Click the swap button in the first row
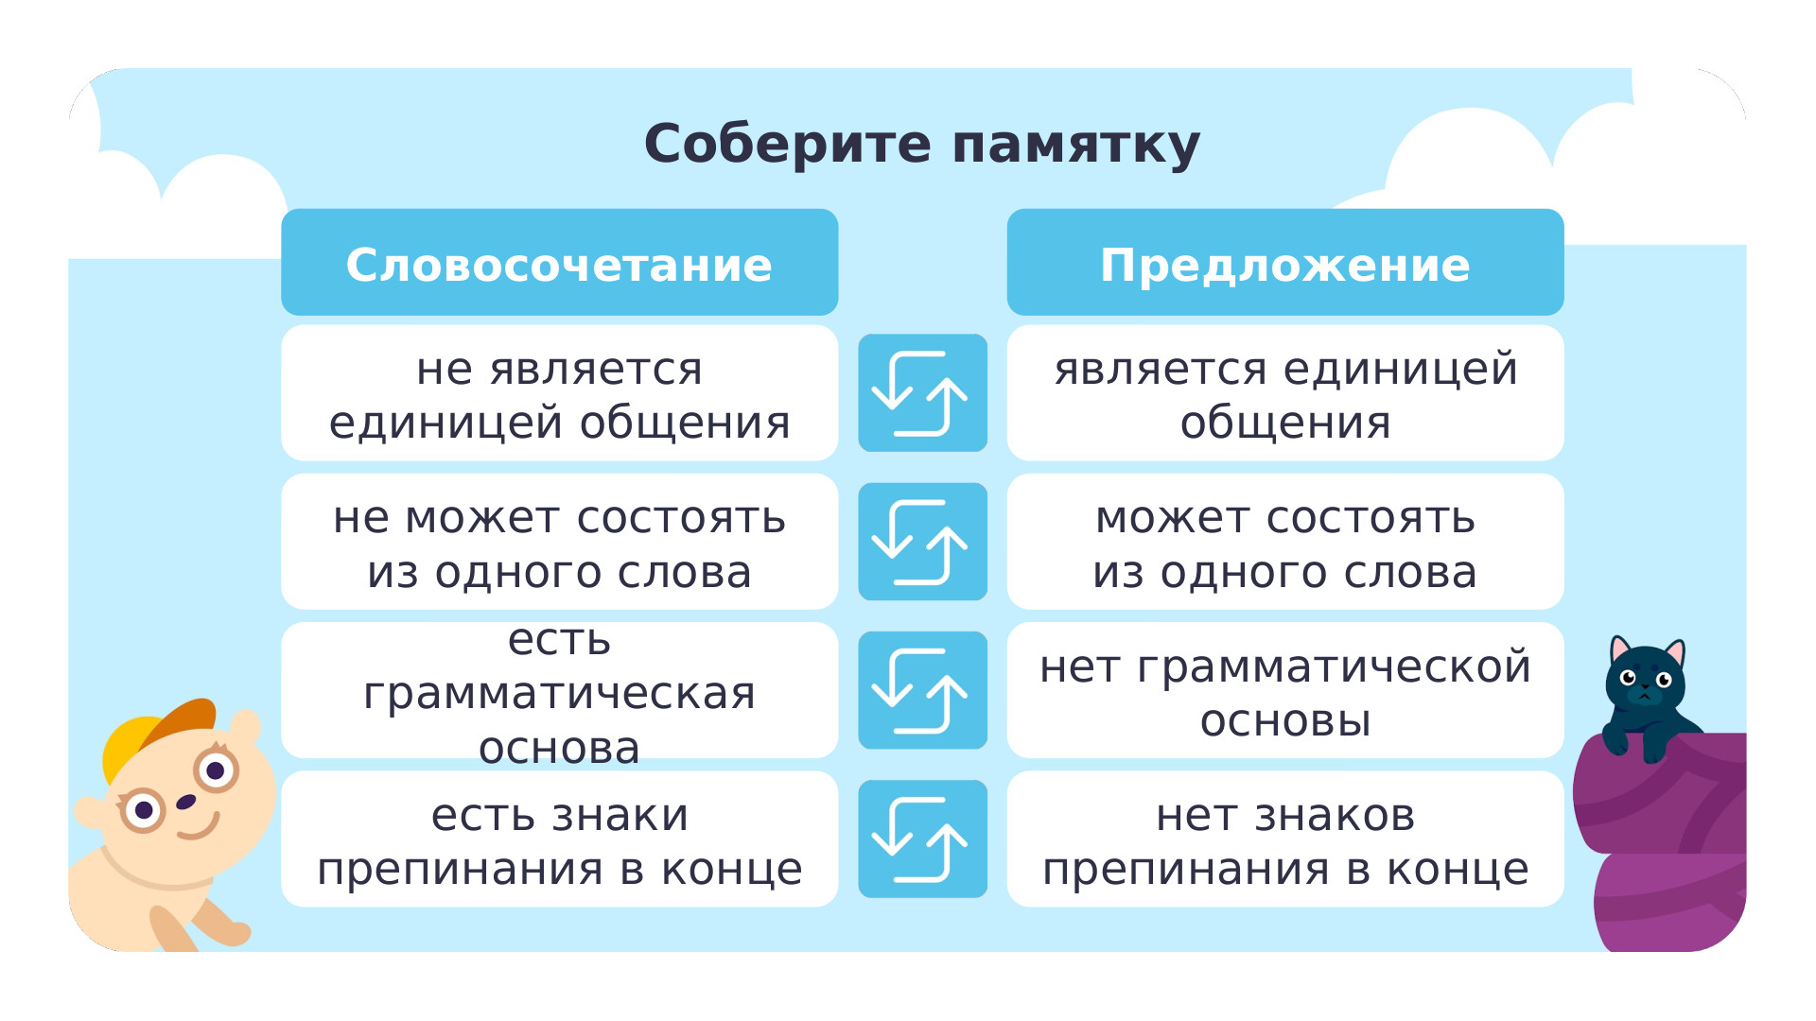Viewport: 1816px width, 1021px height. tap(922, 392)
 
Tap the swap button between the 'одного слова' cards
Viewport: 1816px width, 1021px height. tap(922, 542)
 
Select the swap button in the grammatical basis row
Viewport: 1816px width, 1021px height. tap(922, 690)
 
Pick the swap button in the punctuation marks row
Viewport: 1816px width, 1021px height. tap(922, 839)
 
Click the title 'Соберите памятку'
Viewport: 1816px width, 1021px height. tap(922, 145)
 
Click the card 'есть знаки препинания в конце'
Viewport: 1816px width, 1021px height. tap(559, 839)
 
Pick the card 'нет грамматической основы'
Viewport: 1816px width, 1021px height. tap(1285, 690)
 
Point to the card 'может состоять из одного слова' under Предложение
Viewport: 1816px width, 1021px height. tap(1285, 542)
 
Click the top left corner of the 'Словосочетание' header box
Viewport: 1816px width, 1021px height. tap(283, 211)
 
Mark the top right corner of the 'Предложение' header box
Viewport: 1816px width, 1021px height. tap(1563, 211)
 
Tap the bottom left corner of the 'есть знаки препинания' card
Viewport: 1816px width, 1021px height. tap(283, 906)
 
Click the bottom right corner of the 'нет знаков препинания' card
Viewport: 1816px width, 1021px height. tap(1563, 906)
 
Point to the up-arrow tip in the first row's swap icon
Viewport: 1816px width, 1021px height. tap(947, 379)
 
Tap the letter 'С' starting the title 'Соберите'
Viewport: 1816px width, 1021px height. tap(666, 144)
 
